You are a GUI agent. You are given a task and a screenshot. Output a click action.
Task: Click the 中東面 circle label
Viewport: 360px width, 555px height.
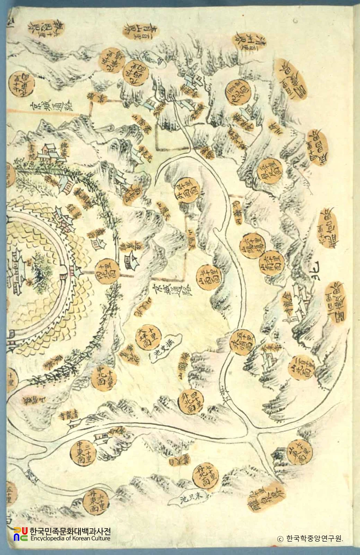pos(83,453)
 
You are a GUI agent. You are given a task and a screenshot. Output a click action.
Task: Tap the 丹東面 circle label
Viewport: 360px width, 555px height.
pos(96,501)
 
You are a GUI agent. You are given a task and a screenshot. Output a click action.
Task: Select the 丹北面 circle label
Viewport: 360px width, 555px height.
pos(205,475)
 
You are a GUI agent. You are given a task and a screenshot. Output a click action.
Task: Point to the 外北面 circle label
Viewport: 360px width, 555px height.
pos(191,401)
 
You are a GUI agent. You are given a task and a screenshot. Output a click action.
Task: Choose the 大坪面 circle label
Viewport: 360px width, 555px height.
pos(148,337)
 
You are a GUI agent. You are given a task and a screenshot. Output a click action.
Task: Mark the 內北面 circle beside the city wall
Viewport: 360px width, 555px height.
pos(107,271)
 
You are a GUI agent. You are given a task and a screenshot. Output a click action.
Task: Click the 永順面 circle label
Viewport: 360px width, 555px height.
pos(242,342)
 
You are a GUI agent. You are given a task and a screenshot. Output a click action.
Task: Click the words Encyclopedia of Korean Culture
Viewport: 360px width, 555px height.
pos(70,538)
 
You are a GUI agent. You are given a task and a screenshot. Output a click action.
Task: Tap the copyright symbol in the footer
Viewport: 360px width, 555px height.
pos(280,539)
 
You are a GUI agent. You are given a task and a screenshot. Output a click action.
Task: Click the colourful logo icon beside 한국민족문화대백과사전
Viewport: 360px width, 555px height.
pos(20,534)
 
